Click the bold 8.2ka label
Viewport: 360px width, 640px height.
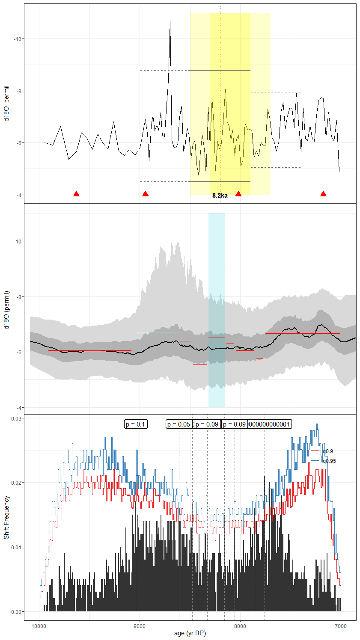220,196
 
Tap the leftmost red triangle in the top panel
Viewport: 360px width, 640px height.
76,194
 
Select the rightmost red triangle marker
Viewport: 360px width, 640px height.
323,194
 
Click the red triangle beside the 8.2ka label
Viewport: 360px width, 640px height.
238,194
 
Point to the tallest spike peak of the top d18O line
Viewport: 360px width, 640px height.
170,21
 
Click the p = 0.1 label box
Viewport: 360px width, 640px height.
136,424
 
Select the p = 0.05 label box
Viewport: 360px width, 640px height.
179,424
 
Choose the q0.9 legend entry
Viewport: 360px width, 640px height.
327,451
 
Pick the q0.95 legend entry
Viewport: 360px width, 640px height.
329,461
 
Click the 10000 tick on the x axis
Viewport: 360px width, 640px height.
39,627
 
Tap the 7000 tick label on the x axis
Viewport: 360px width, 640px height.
341,627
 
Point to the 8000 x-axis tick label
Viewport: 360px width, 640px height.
240,627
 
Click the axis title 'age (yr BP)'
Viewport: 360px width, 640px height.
190,634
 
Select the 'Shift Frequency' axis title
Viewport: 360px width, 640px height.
6,517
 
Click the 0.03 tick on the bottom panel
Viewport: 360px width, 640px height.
17,418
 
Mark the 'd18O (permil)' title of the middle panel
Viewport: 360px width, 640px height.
6,310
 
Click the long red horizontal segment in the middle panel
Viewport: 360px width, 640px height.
158,333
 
